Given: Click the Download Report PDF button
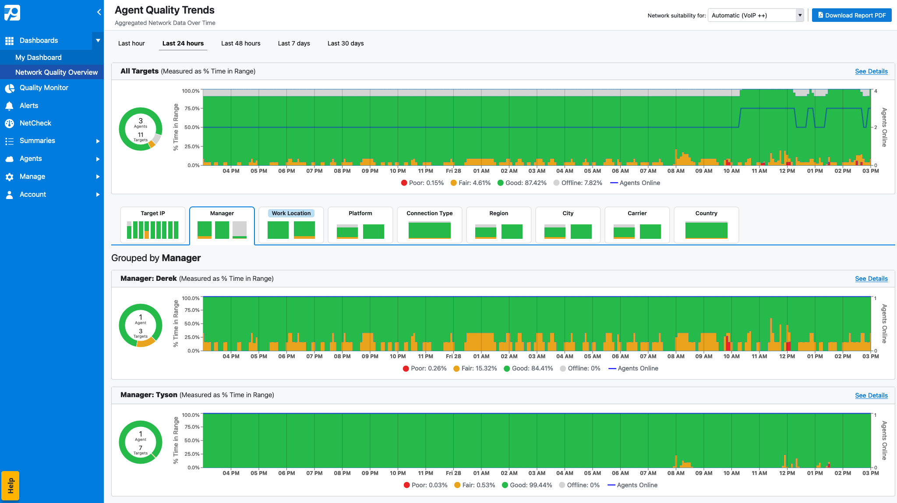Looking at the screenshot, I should [851, 15].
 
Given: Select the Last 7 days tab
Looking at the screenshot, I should [293, 43].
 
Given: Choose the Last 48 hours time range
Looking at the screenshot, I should [240, 43].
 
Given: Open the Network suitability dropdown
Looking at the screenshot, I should [755, 15].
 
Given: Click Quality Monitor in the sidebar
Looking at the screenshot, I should [44, 88].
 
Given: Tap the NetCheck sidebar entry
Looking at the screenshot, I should [35, 123].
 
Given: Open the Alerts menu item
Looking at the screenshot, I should [29, 106].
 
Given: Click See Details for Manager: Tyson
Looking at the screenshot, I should [871, 395].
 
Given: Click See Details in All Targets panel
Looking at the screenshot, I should [871, 71].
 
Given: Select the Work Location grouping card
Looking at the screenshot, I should [291, 225].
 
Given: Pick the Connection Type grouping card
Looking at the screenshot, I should [429, 225].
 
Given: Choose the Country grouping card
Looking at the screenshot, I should [706, 225].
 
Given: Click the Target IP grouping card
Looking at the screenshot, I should [152, 225].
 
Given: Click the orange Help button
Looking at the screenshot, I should [11, 486].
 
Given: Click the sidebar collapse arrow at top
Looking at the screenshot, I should [99, 12].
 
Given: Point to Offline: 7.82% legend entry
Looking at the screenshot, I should [578, 183].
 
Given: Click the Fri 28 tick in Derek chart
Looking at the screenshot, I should [453, 356].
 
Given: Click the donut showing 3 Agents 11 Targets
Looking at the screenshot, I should [141, 129].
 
